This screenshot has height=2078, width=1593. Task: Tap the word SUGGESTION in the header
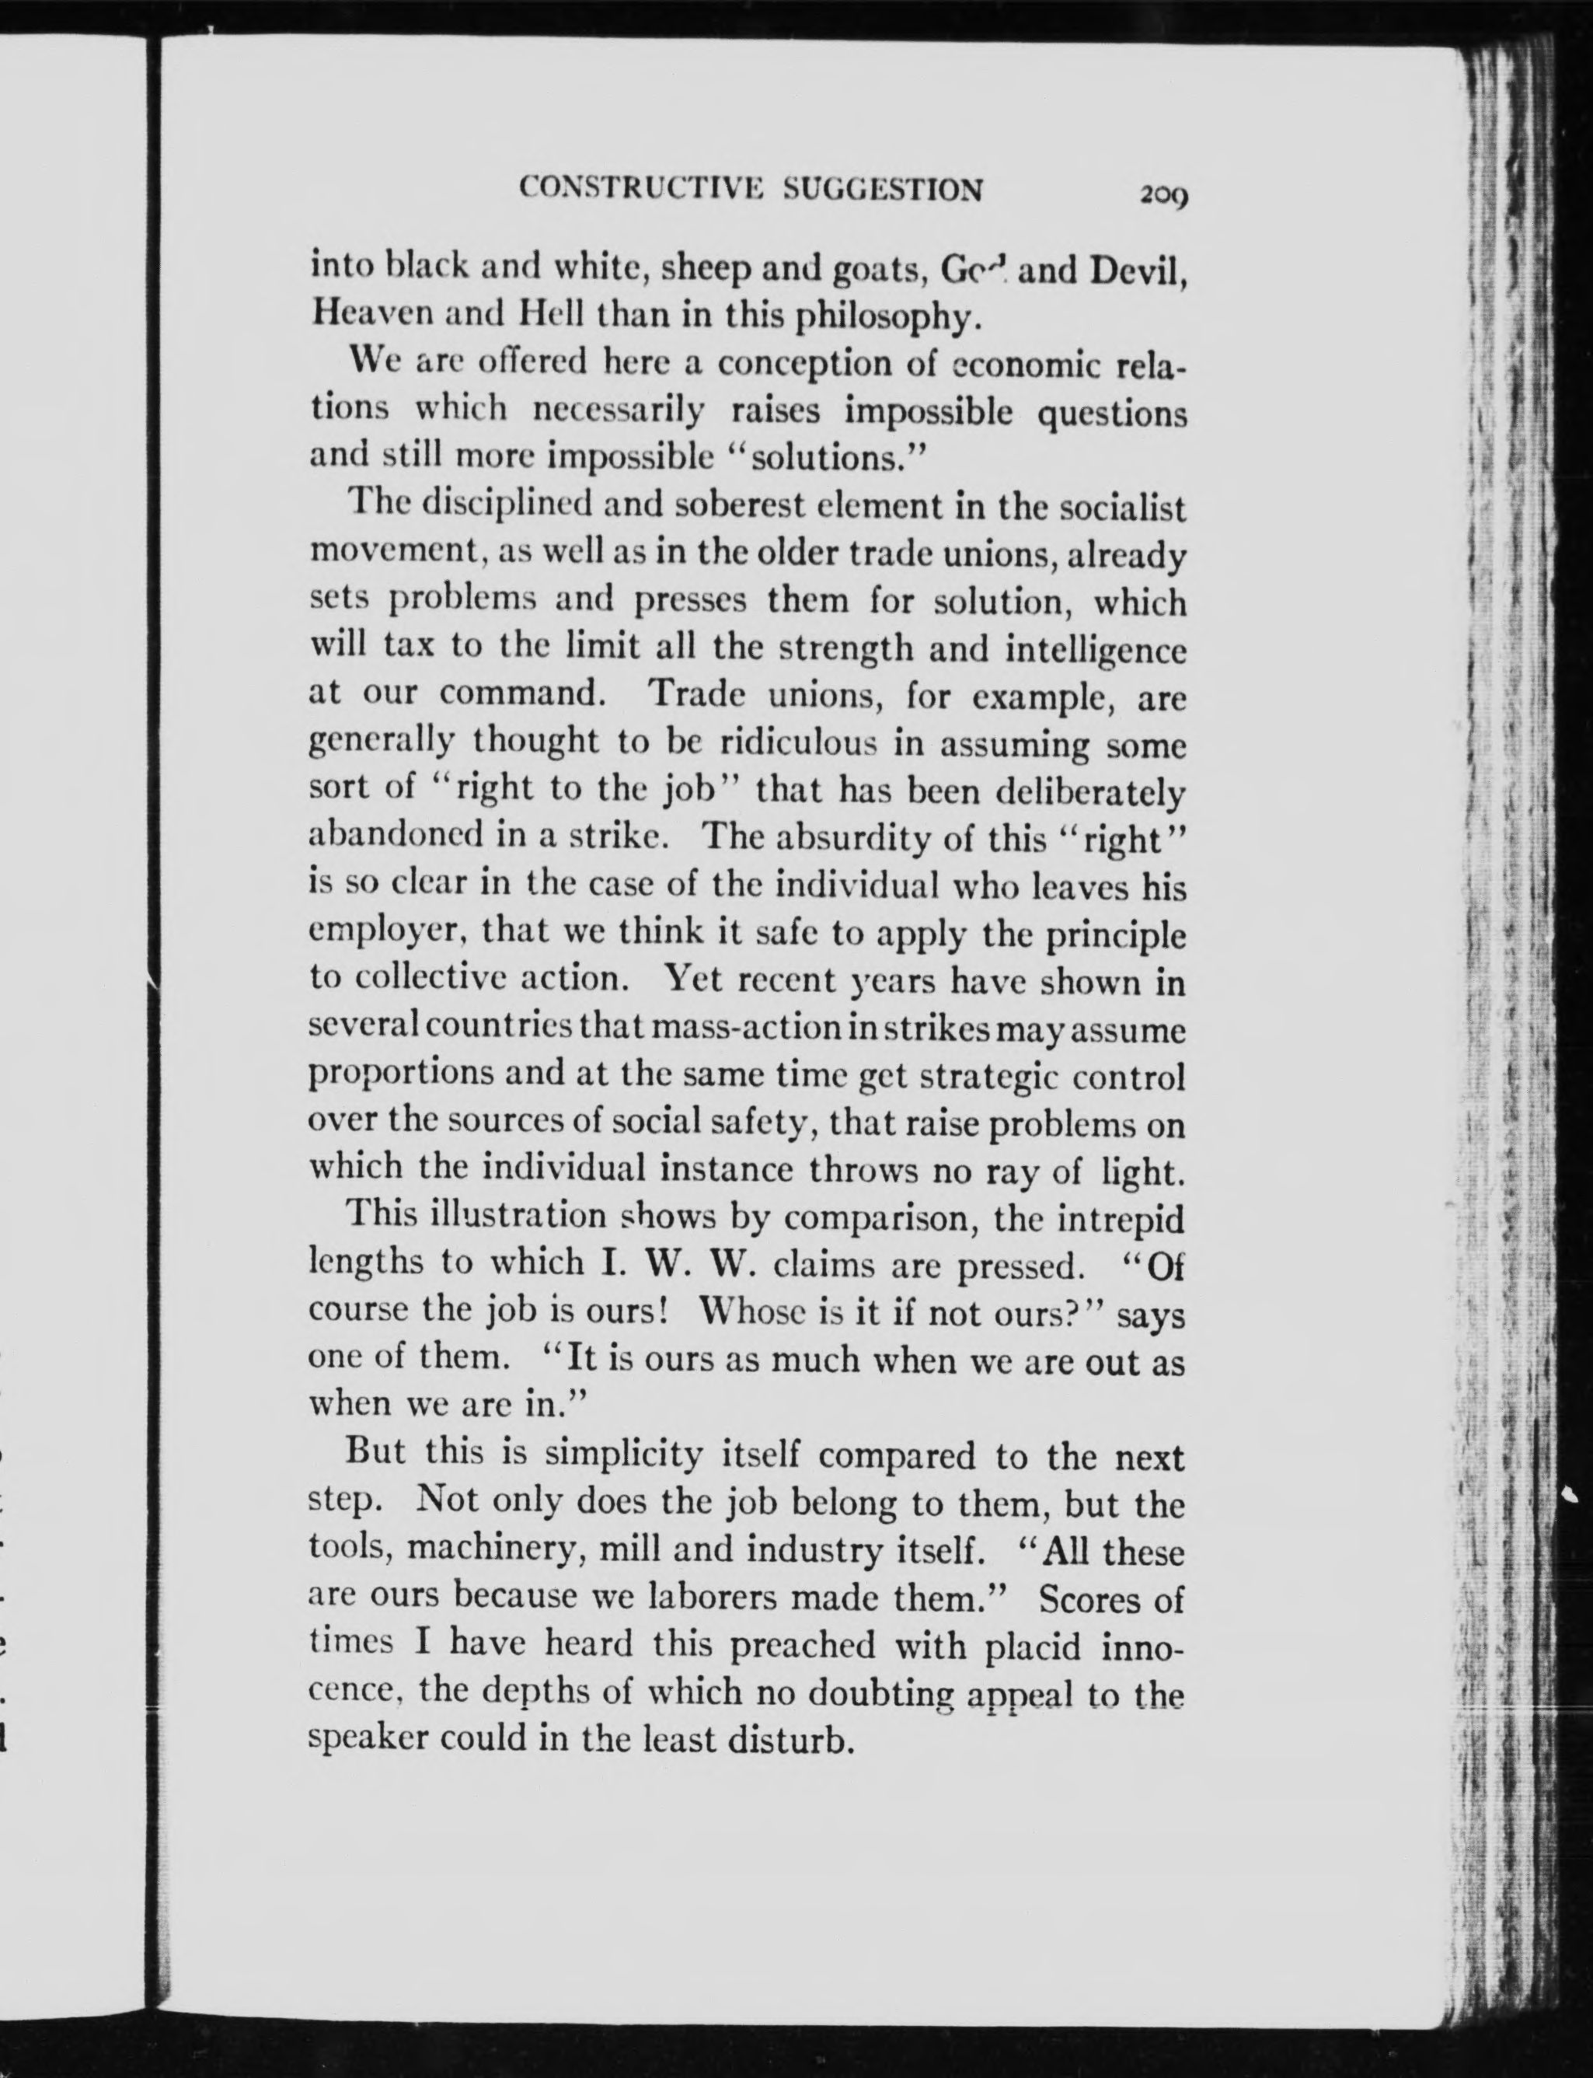884,190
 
